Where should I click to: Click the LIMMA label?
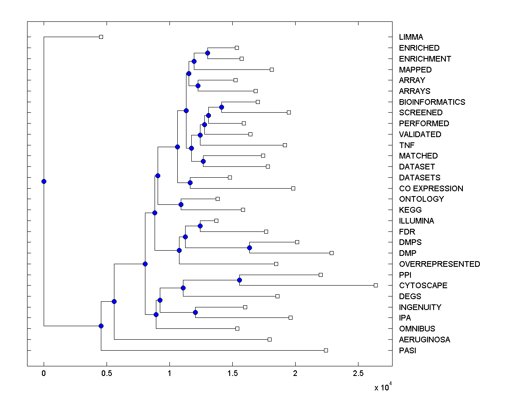pyautogui.click(x=411, y=37)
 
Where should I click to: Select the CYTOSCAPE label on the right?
pyautogui.click(x=423, y=286)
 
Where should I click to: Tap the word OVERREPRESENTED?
pyautogui.click(x=439, y=264)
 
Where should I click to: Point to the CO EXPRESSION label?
pyautogui.click(x=431, y=189)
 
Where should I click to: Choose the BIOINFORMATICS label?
pyautogui.click(x=432, y=102)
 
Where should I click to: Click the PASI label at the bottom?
pyautogui.click(x=407, y=350)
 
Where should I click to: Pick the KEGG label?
pyautogui.click(x=410, y=210)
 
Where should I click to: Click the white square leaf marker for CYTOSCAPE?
pyautogui.click(x=376, y=285)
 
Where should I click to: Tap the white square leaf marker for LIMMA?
pyautogui.click(x=101, y=37)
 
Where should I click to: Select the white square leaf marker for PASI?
pyautogui.click(x=326, y=350)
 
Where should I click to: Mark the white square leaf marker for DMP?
pyautogui.click(x=331, y=253)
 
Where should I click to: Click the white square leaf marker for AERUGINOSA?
pyautogui.click(x=269, y=339)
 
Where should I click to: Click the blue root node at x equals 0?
pyautogui.click(x=44, y=181)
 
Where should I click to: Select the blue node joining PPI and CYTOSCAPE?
pyautogui.click(x=239, y=280)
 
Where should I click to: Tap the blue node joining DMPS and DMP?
pyautogui.click(x=249, y=248)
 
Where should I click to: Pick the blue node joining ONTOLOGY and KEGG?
pyautogui.click(x=181, y=204)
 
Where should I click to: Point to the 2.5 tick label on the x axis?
pyautogui.click(x=358, y=373)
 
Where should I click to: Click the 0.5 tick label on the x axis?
pyautogui.click(x=107, y=373)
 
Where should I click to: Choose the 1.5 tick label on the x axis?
pyautogui.click(x=232, y=373)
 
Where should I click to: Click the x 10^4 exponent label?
pyautogui.click(x=383, y=387)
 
